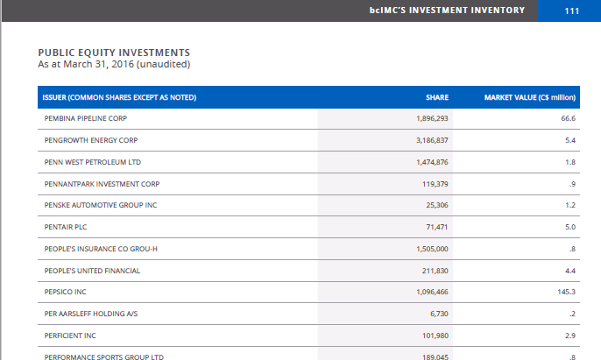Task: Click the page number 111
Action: pos(572,11)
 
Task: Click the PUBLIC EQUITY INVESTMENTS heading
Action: pos(114,53)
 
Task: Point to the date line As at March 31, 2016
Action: pos(114,64)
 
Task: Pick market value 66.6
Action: pos(568,118)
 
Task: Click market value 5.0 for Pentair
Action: pos(569,227)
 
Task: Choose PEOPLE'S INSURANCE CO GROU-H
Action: pos(101,249)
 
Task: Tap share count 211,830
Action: pos(435,271)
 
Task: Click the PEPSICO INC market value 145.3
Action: pos(566,292)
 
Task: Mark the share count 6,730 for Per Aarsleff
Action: pos(439,314)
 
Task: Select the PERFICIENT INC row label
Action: pos(70,335)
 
